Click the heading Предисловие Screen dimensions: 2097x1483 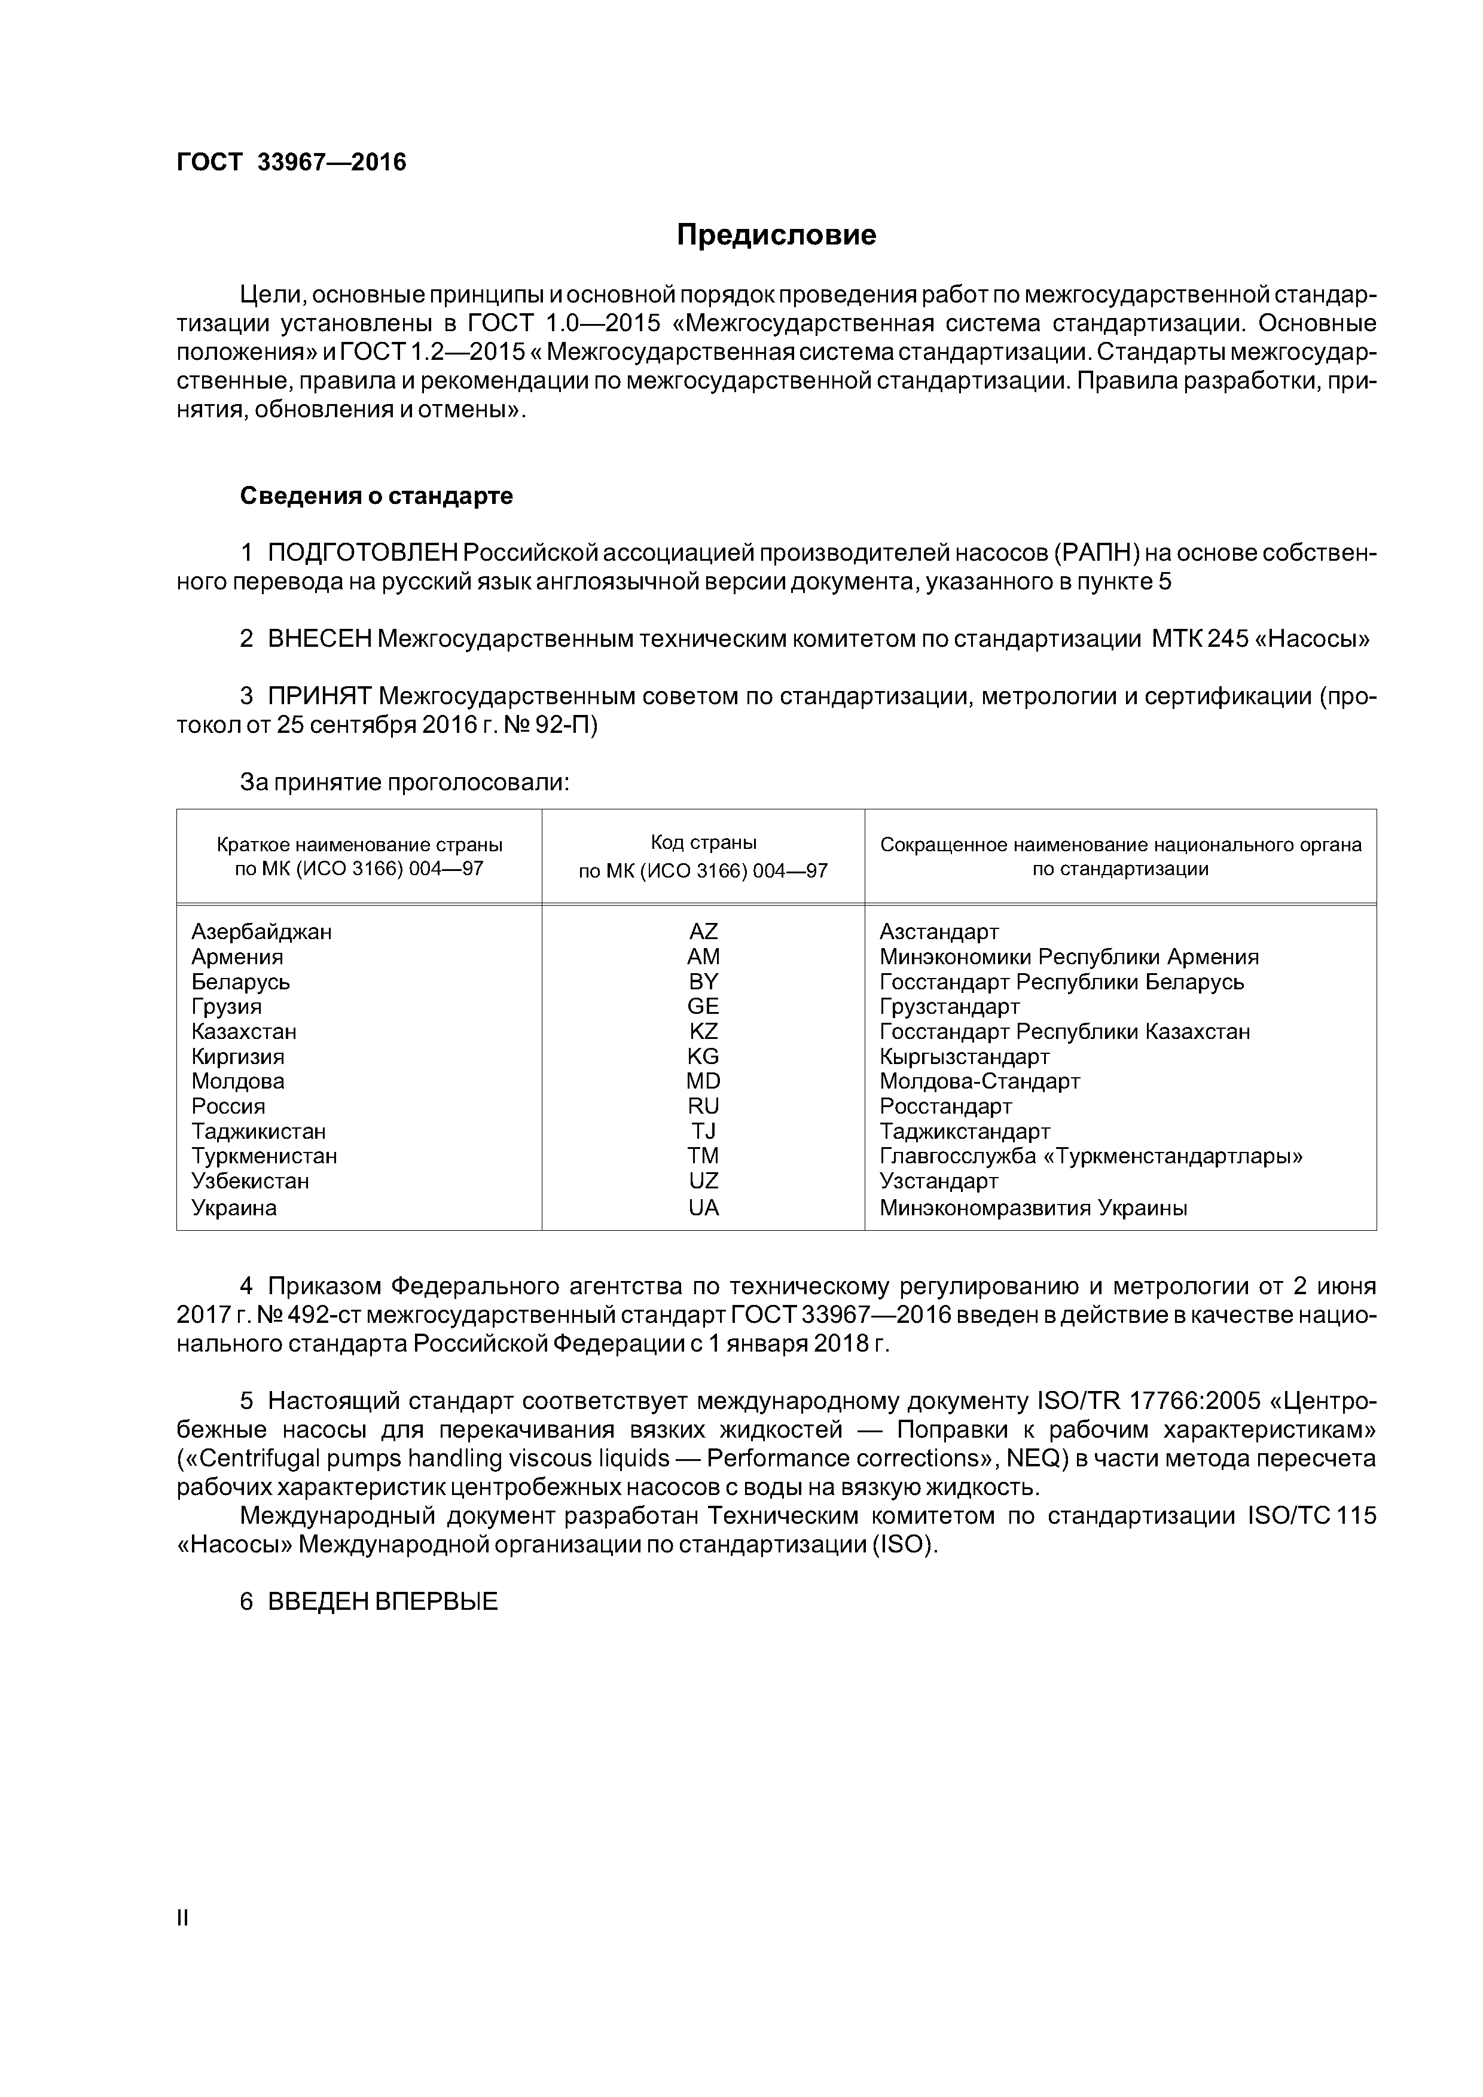776,235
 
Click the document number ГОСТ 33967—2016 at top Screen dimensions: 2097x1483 291,163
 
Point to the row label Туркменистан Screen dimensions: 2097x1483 264,1156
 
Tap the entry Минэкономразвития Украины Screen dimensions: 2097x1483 1033,1208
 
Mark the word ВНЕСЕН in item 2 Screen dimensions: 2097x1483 320,640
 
